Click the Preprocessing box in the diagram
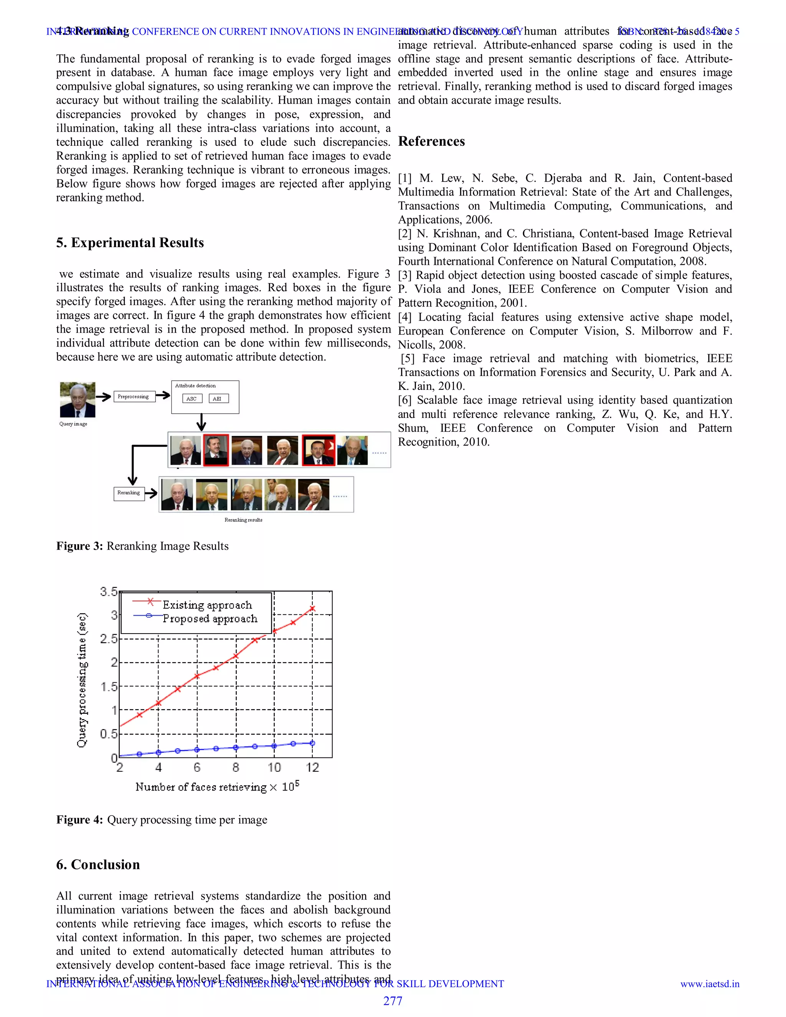pyautogui.click(x=134, y=396)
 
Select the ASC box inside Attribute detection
pyautogui.click(x=192, y=399)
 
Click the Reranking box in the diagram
pyautogui.click(x=129, y=493)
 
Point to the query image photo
pyautogui.click(x=77, y=400)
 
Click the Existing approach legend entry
pyautogui.click(x=207, y=605)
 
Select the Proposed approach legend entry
pyautogui.click(x=210, y=618)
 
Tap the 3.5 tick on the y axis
pyautogui.click(x=109, y=592)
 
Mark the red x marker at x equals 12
pyautogui.click(x=312, y=608)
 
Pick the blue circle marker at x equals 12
pyautogui.click(x=312, y=743)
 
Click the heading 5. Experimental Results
pyautogui.click(x=130, y=243)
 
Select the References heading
pyautogui.click(x=431, y=141)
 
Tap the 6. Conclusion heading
pyautogui.click(x=98, y=864)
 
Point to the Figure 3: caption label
pyautogui.click(x=79, y=546)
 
